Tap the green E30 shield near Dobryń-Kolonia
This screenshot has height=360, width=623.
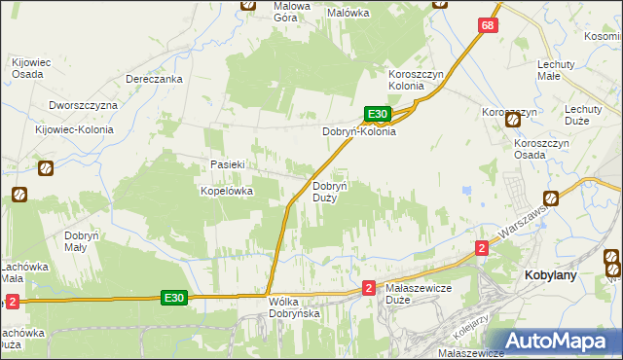click(x=379, y=114)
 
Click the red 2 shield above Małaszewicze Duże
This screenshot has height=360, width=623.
click(x=368, y=288)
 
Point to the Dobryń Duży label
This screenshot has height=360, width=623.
click(x=324, y=192)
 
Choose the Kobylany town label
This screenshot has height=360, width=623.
click(x=551, y=275)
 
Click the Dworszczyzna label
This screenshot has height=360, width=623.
click(x=83, y=104)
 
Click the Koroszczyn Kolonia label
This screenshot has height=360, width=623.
click(x=421, y=79)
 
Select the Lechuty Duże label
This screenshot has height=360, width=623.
click(x=582, y=116)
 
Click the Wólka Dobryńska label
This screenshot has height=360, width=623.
click(x=294, y=307)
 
